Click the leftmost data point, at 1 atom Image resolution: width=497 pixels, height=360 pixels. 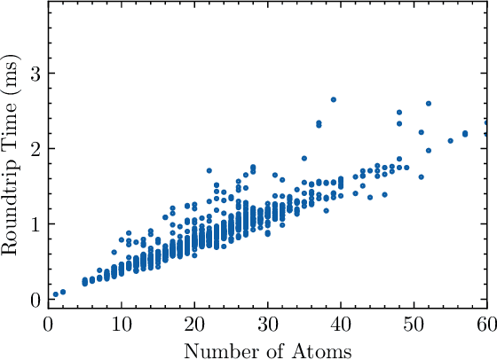pos(55,294)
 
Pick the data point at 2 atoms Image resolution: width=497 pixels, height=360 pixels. pos(62,292)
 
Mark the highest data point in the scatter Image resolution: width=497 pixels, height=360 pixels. pos(334,99)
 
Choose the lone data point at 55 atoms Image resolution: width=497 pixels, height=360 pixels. pos(451,140)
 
